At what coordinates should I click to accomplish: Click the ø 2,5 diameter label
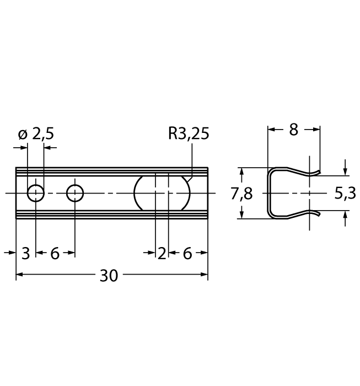click(x=36, y=134)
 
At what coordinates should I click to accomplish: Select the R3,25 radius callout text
click(x=189, y=134)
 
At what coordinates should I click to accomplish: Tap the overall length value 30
click(x=109, y=276)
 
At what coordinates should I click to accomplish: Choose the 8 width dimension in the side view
click(x=293, y=130)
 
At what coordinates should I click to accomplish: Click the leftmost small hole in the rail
click(x=36, y=194)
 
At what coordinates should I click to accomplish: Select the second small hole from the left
click(x=75, y=194)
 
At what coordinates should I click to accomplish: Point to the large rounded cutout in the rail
click(x=163, y=194)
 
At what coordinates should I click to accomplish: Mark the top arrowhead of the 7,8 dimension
click(x=241, y=171)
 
